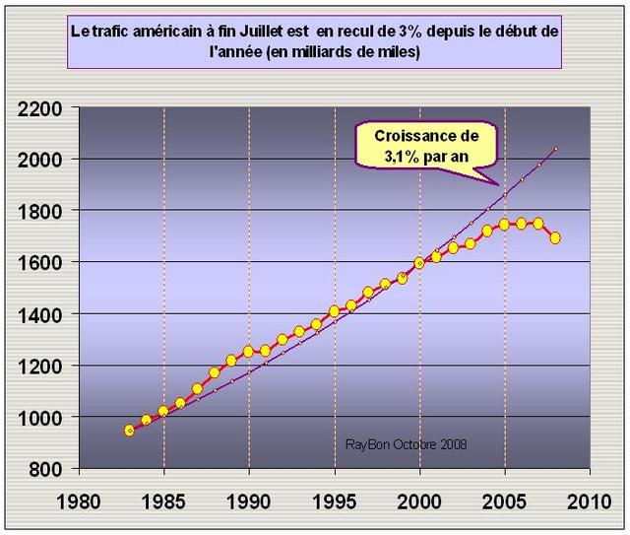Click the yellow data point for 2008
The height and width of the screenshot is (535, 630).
556,237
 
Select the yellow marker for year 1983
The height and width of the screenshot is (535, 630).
129,431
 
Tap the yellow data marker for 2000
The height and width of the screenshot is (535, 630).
419,263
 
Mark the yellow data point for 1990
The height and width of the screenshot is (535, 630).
249,350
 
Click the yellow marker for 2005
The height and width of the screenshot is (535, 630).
505,224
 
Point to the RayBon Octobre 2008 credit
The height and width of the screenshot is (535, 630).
406,444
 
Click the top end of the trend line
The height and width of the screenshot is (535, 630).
556,149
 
